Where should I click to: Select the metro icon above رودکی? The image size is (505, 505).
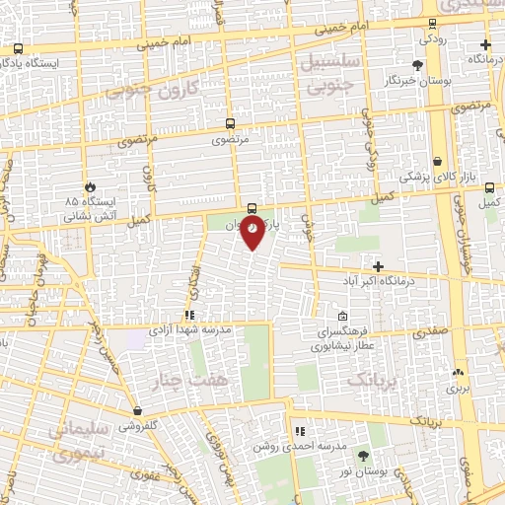(x=431, y=24)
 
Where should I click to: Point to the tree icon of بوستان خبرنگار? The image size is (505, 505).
(x=418, y=64)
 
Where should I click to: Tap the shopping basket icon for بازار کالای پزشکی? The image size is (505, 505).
(x=437, y=160)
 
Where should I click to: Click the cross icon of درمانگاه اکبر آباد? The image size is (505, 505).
(x=379, y=266)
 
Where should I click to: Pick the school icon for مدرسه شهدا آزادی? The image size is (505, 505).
(x=188, y=316)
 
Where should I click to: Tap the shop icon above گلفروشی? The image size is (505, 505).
(x=137, y=410)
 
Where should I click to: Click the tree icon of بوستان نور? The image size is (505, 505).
(x=362, y=456)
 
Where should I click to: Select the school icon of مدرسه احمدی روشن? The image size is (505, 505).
(x=300, y=431)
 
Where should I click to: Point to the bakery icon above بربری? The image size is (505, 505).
(x=457, y=373)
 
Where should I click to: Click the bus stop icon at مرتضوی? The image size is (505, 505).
(x=230, y=124)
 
